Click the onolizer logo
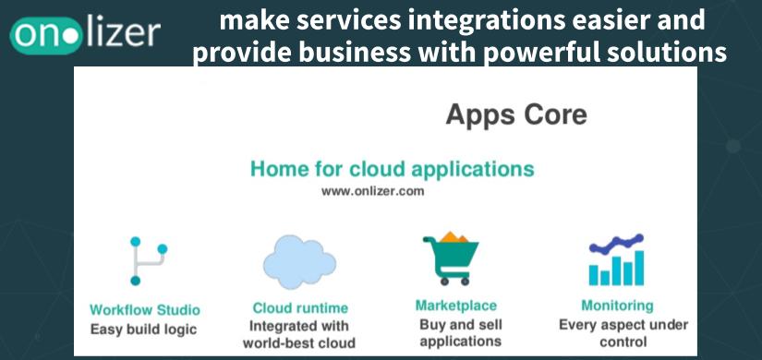click(85, 36)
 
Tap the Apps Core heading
click(516, 116)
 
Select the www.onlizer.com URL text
click(373, 191)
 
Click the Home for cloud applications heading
click(393, 169)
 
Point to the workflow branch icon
click(148, 261)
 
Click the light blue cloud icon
click(299, 261)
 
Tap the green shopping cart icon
click(451, 258)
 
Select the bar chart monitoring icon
click(617, 260)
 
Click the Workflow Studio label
click(145, 310)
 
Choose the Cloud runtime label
click(300, 308)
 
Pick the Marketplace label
click(456, 306)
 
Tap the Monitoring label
click(617, 306)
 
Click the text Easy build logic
click(144, 330)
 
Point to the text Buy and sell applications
click(461, 333)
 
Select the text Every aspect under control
click(623, 333)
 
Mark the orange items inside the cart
click(454, 237)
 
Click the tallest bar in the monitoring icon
click(639, 268)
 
